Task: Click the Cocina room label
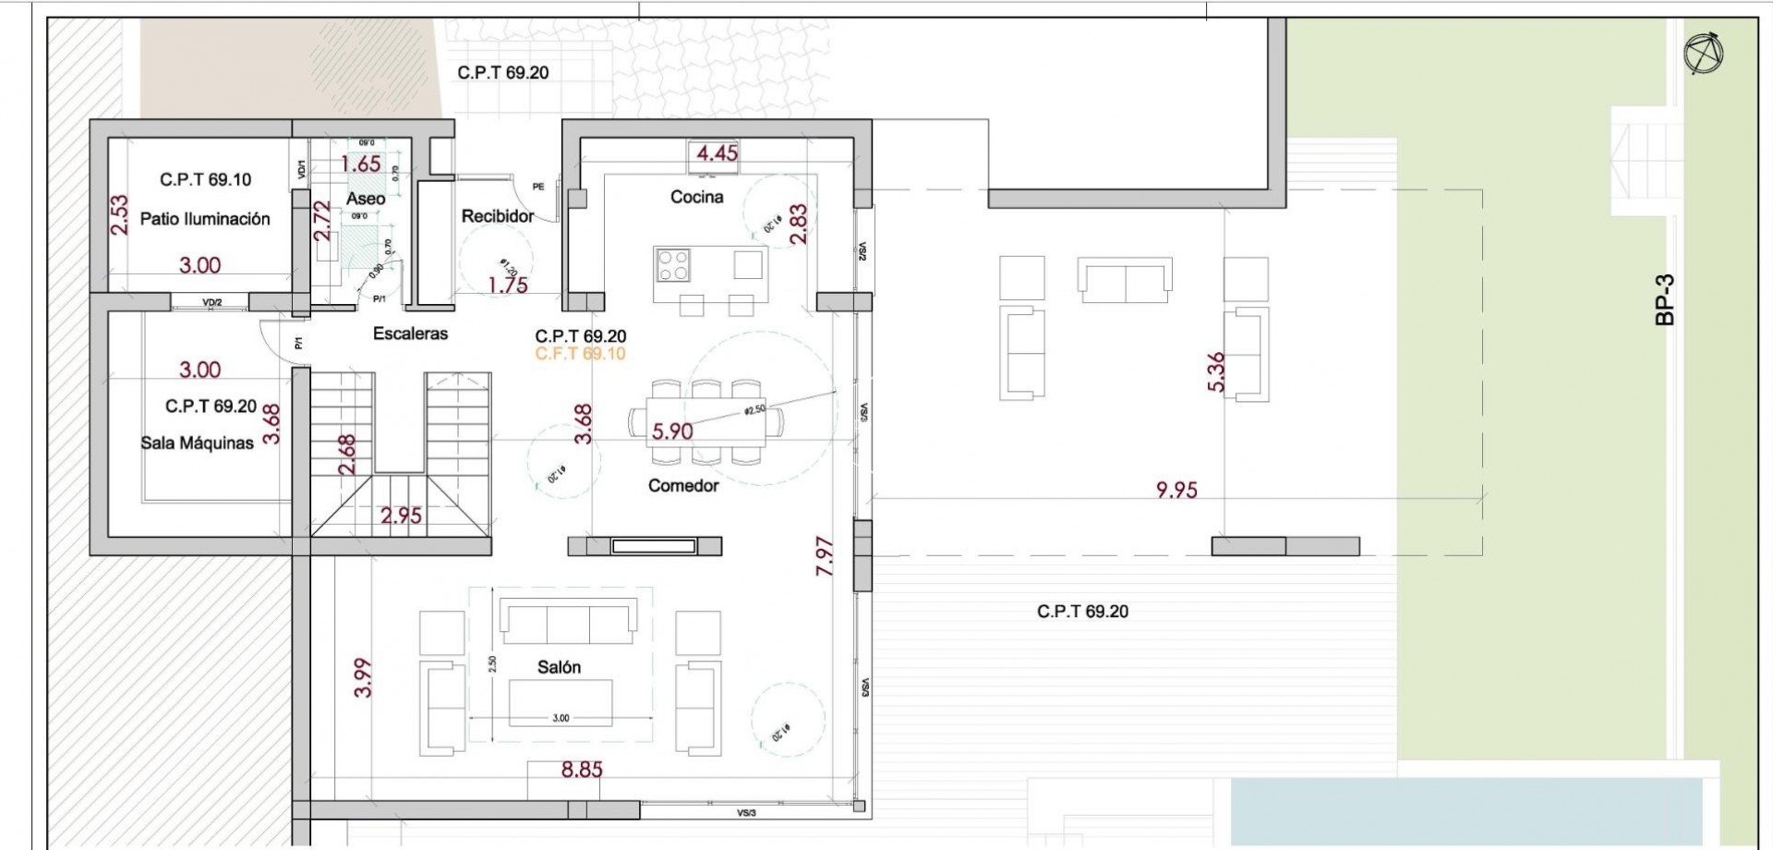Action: pos(696,197)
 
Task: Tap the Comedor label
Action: pos(682,485)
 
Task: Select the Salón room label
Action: pos(559,667)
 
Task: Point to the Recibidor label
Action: pos(498,216)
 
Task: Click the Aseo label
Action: pos(366,199)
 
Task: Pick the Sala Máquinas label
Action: pos(197,443)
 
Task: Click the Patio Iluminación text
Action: pos(205,219)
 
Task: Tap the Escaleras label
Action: pos(410,334)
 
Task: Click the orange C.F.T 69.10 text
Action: pos(580,354)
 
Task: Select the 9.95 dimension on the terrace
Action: pos(1176,490)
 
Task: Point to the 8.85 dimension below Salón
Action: pos(581,769)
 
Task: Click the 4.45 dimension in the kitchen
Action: pos(717,153)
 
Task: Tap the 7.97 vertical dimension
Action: pos(826,557)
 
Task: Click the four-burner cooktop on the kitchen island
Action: pos(672,265)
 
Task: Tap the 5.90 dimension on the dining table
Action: pos(672,431)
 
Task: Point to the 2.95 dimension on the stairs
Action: pos(402,516)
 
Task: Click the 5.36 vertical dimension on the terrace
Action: pos(1216,371)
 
